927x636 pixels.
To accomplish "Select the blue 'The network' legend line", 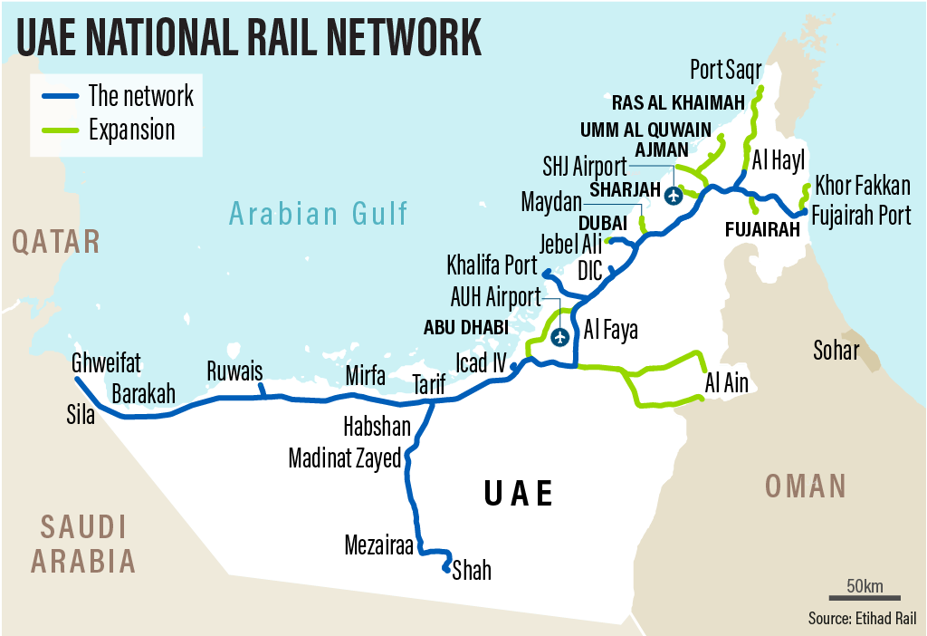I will click(x=59, y=95).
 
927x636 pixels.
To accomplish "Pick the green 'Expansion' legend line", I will click(x=59, y=130).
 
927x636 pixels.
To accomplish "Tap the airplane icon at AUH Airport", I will click(x=560, y=338).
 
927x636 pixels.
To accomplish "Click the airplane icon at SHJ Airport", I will click(x=673, y=195).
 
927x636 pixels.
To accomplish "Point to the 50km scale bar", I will click(x=865, y=597).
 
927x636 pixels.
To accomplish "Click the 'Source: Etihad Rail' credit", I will click(x=863, y=619).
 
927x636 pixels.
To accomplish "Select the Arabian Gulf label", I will click(x=319, y=214).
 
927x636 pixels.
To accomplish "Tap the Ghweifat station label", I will click(x=107, y=364).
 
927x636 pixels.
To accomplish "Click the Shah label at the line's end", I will click(x=472, y=570).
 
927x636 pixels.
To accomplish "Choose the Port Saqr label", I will click(x=726, y=69).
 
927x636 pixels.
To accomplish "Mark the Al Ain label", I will click(x=727, y=383).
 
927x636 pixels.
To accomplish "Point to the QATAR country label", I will click(x=55, y=242).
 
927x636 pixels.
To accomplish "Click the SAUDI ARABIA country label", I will click(x=83, y=544).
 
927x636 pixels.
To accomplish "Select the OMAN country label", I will click(x=805, y=487).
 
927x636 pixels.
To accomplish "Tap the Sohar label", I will click(x=836, y=350).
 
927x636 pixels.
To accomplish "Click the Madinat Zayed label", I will click(x=344, y=458).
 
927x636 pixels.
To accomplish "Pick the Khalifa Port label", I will click(x=492, y=266).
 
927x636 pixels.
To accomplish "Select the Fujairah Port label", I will click(x=861, y=216).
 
